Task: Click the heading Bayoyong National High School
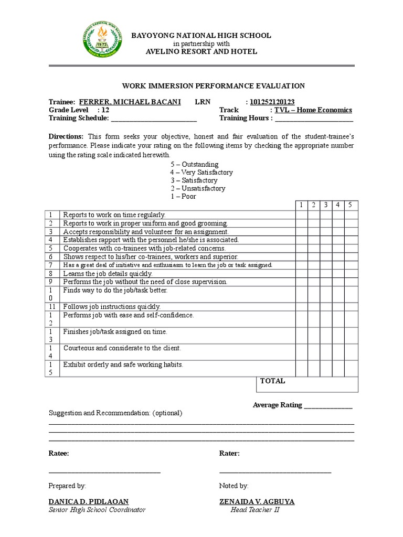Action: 201,36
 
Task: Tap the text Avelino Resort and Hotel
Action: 201,51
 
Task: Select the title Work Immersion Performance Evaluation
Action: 213,86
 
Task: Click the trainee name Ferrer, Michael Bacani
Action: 130,102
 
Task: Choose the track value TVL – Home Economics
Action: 313,110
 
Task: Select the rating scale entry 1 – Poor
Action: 183,196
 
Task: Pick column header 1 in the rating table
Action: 301,205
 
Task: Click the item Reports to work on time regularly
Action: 114,214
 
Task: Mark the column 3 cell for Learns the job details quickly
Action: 326,273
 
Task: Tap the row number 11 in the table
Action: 52,307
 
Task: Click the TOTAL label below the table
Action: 272,381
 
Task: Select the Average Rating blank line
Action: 328,405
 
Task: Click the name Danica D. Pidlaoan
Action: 88,502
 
